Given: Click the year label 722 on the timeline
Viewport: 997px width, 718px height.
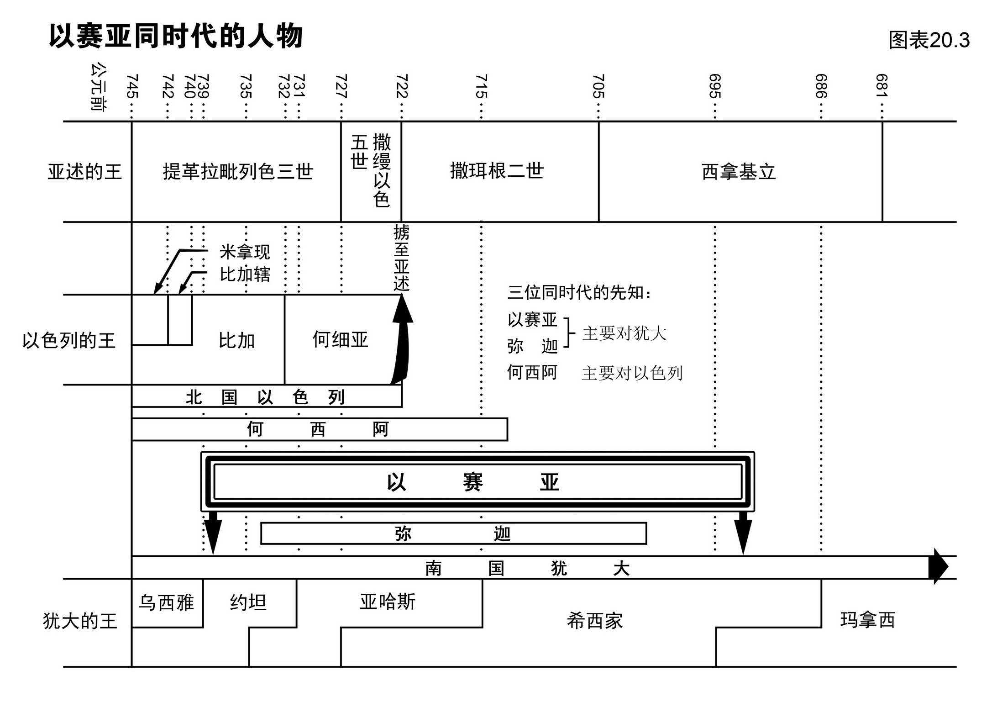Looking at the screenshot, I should click(x=401, y=86).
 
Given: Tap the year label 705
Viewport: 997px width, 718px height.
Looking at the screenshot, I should click(x=598, y=86).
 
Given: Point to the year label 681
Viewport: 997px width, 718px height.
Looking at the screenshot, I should click(x=882, y=86).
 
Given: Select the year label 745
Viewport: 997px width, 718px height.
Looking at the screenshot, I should click(x=131, y=86).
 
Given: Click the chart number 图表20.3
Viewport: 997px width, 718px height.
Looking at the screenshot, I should click(x=929, y=40).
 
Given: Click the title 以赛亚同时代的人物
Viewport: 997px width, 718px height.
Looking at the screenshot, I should click(x=176, y=37).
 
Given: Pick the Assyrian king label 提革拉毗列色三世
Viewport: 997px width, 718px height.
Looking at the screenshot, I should click(x=238, y=172).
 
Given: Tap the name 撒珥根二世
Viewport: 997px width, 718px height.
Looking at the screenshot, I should click(x=497, y=171).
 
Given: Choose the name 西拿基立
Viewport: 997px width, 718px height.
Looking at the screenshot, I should click(x=739, y=172).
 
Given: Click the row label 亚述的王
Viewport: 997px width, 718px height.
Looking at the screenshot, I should click(x=85, y=172).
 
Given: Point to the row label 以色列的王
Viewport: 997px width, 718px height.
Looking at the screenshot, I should click(x=69, y=340).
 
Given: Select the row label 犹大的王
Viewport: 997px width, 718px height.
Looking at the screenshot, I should click(x=80, y=621).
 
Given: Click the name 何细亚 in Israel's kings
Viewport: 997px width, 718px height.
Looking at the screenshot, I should click(x=340, y=339).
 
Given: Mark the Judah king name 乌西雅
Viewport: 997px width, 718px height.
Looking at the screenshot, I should click(x=166, y=602).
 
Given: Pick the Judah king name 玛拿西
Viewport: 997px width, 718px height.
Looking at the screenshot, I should click(x=867, y=620).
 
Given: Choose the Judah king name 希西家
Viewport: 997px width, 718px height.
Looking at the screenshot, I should click(x=594, y=621).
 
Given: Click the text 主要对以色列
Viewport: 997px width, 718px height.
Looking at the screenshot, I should click(x=632, y=373).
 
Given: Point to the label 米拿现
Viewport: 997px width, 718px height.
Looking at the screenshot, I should click(x=245, y=252).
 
